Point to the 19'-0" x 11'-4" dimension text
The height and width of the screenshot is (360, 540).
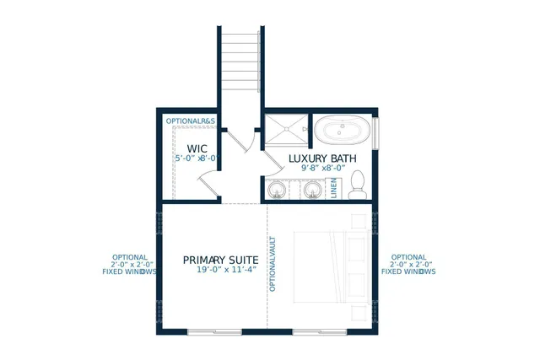226,271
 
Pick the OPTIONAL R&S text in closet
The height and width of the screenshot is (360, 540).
191,121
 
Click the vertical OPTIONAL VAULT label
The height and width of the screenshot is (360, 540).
273,264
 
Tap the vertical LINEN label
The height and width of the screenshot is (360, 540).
333,187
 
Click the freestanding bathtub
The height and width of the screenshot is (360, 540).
343,131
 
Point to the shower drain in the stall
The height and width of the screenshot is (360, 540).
286,129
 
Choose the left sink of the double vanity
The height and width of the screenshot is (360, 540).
277,190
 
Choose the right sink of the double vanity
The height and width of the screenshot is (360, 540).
312,190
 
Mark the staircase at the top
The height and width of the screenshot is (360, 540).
240,62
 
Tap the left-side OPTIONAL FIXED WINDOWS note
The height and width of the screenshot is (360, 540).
129,265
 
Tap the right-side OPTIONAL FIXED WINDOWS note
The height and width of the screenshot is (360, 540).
408,265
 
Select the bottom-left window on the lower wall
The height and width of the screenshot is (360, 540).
214,332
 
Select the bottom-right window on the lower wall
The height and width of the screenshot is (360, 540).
319,332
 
